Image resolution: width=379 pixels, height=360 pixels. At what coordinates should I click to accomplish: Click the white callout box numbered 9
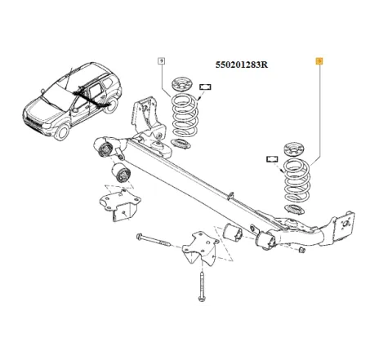161,60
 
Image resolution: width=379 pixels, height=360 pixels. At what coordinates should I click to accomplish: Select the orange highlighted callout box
319,60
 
